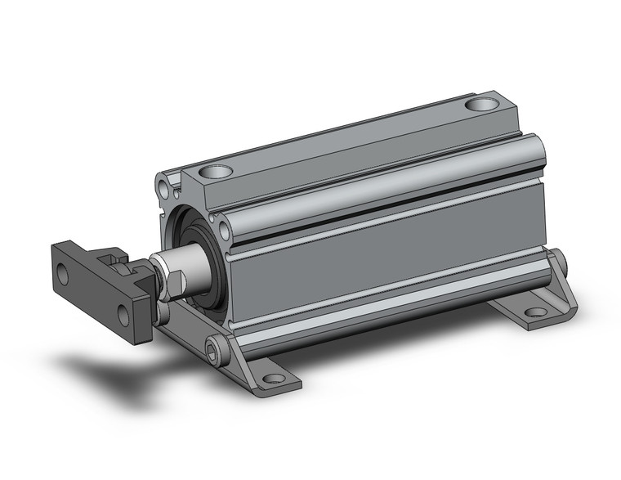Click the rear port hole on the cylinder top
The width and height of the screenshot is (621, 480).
point(482,105)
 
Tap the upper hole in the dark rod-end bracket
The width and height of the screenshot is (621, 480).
point(63,275)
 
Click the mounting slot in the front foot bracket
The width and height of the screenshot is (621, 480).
point(272,378)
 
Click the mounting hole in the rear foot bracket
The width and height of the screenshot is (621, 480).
point(535,312)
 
